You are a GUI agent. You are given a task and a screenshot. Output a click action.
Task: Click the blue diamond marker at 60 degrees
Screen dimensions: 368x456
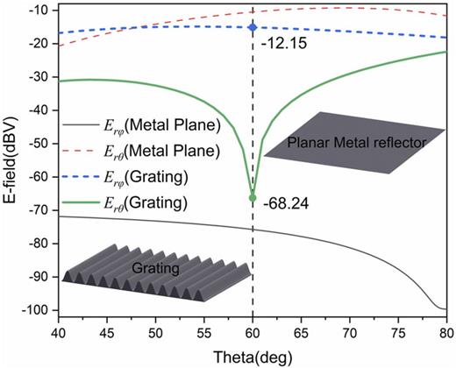(x=253, y=27)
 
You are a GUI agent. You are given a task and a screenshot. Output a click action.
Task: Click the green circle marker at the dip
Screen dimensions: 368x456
(x=253, y=197)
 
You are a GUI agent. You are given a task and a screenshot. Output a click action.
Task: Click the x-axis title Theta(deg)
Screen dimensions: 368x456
(x=252, y=357)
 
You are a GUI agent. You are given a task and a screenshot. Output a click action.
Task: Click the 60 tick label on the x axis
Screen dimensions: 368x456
(x=253, y=333)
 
